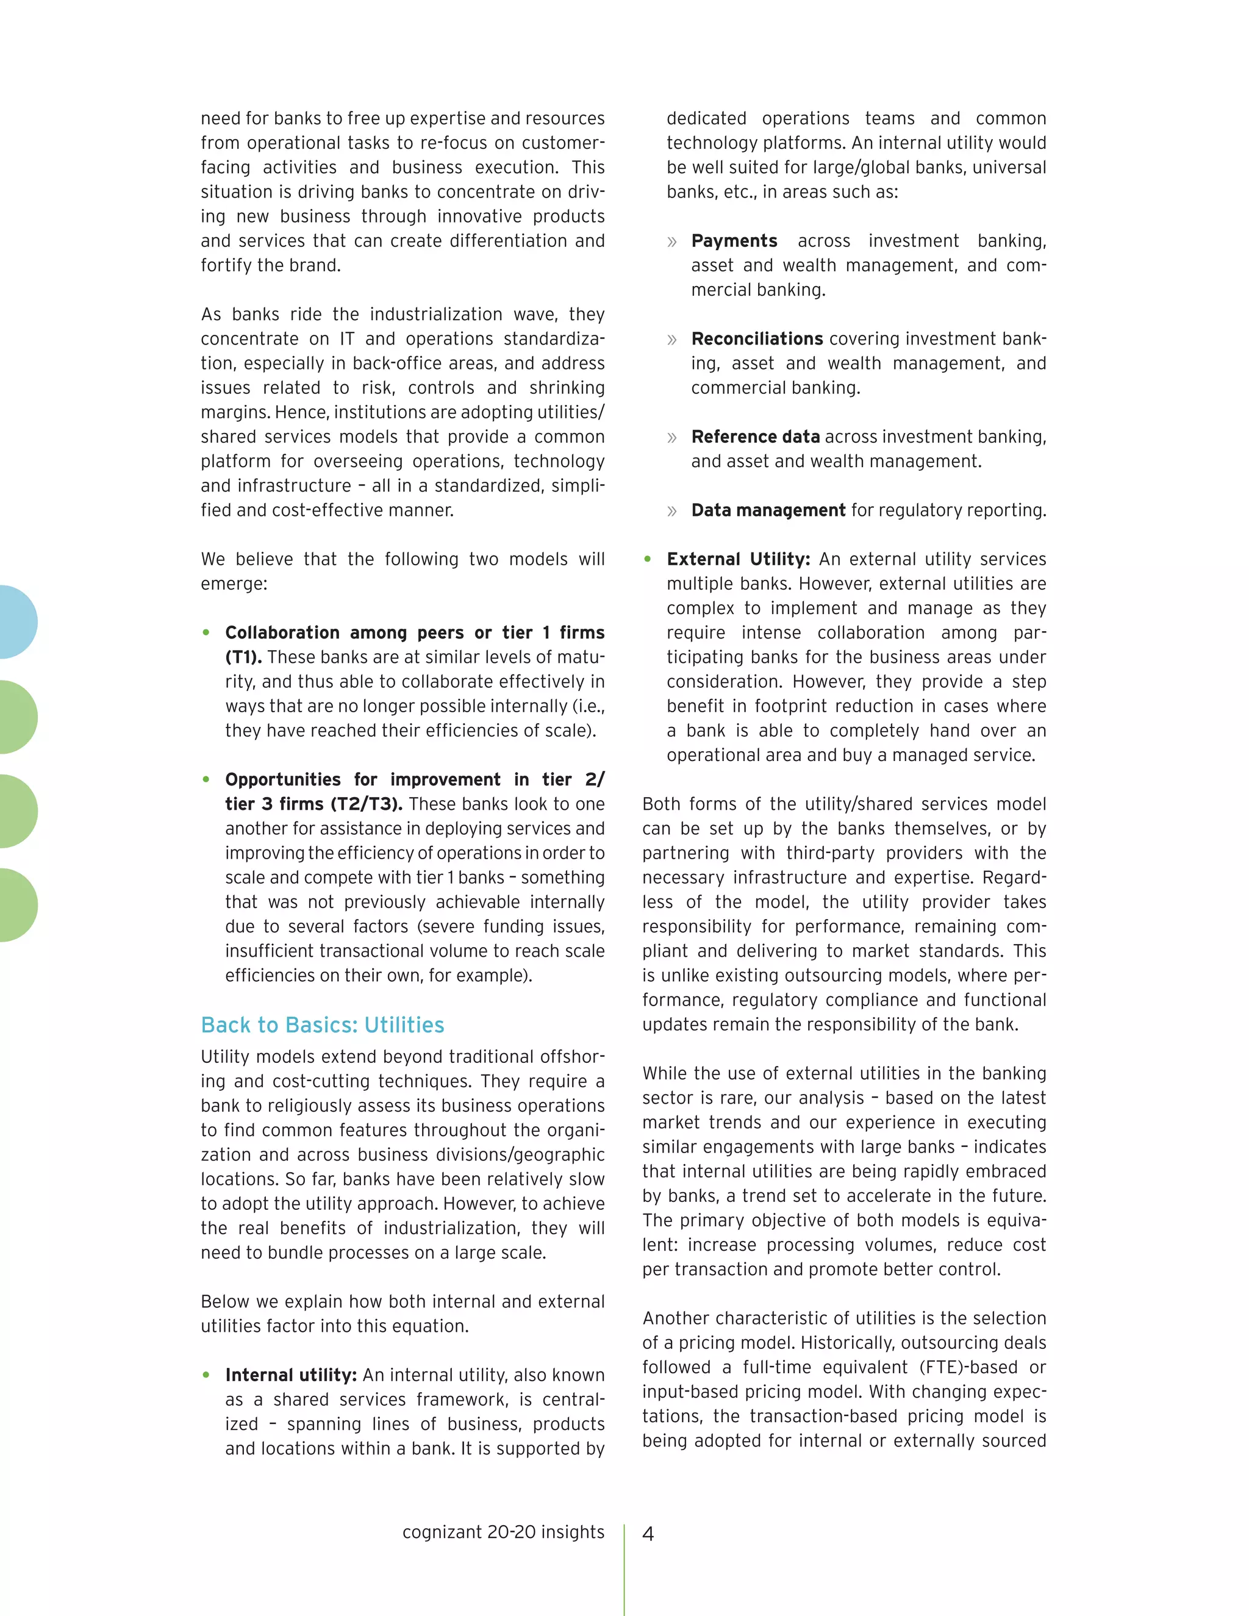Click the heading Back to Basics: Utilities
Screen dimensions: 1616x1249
tap(322, 1025)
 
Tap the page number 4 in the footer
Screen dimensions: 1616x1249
tap(648, 1534)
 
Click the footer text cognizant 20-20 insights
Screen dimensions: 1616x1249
tap(503, 1532)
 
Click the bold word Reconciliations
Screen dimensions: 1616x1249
tap(756, 339)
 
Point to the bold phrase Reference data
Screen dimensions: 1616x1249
tap(755, 437)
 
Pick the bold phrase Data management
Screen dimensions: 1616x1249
tap(767, 510)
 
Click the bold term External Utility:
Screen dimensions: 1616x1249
tap(738, 559)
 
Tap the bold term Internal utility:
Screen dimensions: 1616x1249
tap(291, 1375)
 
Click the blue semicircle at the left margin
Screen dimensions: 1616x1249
tap(16, 621)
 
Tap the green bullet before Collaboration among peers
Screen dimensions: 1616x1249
tap(207, 632)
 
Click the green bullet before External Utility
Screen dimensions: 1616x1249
tap(648, 559)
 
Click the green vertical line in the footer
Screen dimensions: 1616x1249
tap(624, 1568)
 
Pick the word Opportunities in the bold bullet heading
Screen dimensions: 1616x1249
tap(282, 780)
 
